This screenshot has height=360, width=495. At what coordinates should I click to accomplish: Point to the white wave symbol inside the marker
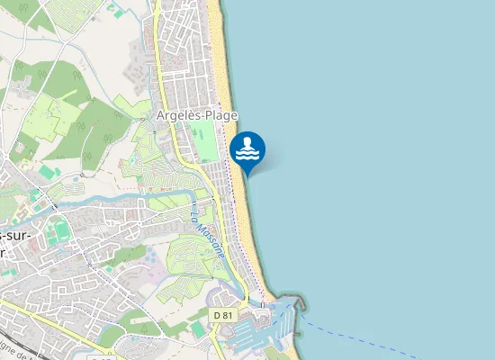tap(247, 150)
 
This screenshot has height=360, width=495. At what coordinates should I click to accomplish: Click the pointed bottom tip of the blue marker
tap(247, 175)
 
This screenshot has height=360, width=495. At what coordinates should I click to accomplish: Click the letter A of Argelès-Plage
tap(160, 116)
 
